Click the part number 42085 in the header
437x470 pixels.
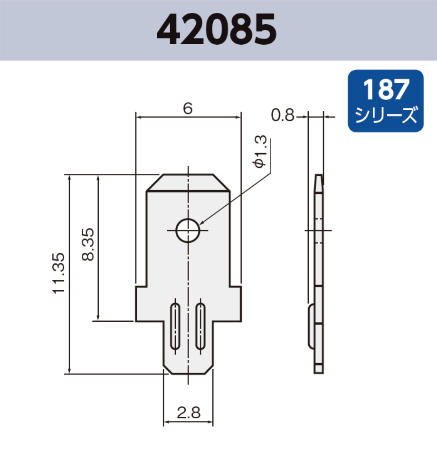coord(217,29)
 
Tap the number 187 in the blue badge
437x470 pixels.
coord(385,90)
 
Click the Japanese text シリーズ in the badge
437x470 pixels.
coord(385,115)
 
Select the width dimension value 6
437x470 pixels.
coord(188,109)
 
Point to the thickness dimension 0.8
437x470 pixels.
coord(283,115)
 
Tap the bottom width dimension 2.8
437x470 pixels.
coord(188,412)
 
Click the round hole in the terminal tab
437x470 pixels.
coord(188,231)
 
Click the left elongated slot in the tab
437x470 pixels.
coord(175,326)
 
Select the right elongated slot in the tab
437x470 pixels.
coord(201,326)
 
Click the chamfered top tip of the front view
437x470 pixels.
coord(188,182)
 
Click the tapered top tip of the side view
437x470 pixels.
coord(319,181)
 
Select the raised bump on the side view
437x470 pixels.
coord(311,326)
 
